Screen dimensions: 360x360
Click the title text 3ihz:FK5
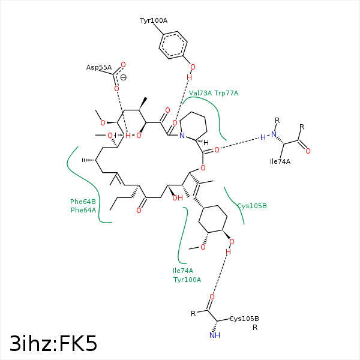point(53,343)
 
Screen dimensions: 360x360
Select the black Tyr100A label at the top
point(154,20)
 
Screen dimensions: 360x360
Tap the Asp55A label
point(99,67)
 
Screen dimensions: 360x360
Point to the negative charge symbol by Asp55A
point(123,77)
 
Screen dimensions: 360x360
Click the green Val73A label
point(200,93)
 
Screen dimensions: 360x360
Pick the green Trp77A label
point(226,93)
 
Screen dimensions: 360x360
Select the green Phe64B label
point(83,202)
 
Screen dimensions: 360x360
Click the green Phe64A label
point(83,210)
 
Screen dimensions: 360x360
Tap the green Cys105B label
point(252,206)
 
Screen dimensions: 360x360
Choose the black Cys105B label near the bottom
point(244,319)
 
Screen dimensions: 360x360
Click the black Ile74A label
point(280,161)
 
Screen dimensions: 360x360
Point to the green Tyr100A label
point(187,280)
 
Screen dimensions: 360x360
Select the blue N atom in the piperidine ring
point(182,136)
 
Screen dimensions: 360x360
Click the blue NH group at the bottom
point(215,335)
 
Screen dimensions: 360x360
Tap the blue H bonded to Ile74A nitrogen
point(263,137)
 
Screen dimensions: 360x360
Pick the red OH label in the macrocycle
point(178,198)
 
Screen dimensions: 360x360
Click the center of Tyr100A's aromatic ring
point(173,45)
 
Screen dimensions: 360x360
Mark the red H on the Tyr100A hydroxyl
point(189,77)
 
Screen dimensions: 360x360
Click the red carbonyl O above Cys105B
point(212,297)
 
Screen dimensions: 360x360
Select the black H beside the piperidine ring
point(206,143)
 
